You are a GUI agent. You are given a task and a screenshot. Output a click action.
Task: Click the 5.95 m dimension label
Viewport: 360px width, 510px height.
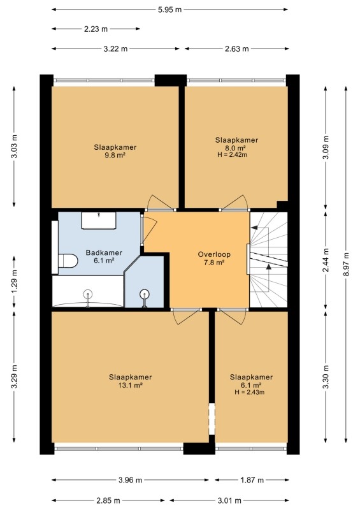pos(169,10)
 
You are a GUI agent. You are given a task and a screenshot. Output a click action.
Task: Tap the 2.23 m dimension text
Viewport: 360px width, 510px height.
pos(96,29)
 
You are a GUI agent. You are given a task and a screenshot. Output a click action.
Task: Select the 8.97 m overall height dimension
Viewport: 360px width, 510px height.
pos(346,265)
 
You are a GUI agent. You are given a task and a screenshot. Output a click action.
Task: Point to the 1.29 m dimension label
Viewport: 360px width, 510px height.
pos(14,282)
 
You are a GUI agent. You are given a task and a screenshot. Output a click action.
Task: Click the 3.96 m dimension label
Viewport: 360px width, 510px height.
pos(130,480)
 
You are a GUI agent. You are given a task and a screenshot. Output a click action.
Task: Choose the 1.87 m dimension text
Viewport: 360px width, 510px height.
pos(252,480)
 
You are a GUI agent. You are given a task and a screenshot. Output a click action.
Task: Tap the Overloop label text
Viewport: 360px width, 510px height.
pos(214,254)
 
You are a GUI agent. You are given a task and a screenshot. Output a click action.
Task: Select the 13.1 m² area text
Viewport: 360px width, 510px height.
pos(131,386)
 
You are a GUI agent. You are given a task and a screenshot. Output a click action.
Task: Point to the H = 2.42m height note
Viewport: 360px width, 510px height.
pos(232,155)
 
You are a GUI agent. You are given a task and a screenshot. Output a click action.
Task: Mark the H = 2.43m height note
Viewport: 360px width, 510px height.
pos(249,392)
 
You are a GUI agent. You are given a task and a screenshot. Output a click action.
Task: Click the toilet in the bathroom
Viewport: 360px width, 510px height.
pos(68,261)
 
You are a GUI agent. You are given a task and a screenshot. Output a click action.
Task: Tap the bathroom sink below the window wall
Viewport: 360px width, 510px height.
pos(99,221)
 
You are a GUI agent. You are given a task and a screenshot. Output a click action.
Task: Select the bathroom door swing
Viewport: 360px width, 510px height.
pos(150,229)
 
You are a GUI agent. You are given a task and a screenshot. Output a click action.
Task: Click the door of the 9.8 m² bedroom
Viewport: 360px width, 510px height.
pos(160,203)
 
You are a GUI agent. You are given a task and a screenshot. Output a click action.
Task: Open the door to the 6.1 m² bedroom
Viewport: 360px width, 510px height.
pos(233,317)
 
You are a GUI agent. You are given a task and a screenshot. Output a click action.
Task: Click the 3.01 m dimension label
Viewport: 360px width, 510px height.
pos(229,500)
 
